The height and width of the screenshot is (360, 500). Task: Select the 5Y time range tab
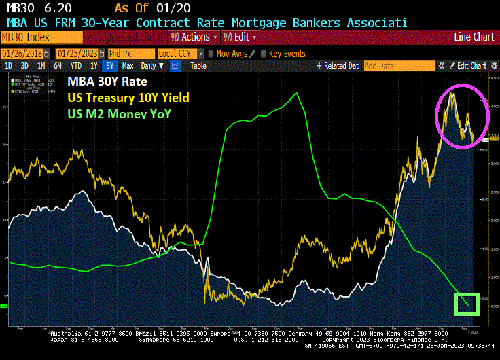[110, 66]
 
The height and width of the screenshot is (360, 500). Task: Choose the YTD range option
[75, 66]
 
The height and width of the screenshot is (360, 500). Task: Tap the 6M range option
[58, 66]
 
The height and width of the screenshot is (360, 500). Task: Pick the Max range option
[127, 66]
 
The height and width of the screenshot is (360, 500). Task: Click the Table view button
[198, 66]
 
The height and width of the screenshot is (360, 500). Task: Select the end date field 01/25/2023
[80, 53]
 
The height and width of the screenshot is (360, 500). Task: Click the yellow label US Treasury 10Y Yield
[127, 98]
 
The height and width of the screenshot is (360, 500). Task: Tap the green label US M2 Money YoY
[118, 113]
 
